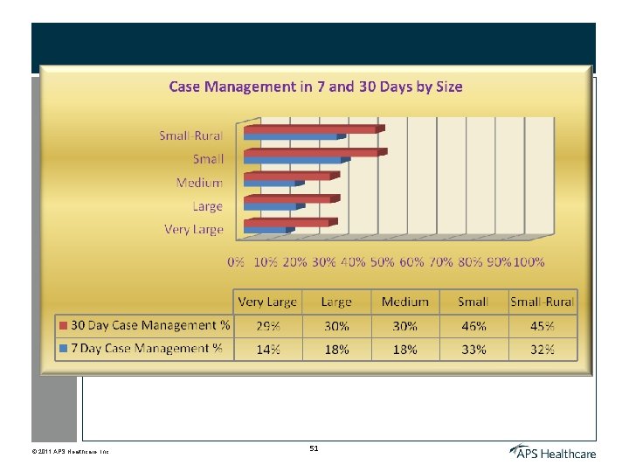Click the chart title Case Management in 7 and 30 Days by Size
315,87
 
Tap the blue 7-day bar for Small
294,161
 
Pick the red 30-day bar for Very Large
287,223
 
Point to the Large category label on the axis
207,207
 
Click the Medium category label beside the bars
199,183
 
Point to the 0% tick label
236,261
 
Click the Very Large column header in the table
267,302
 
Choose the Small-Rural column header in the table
543,302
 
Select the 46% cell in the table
473,326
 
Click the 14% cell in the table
267,349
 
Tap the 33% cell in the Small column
473,349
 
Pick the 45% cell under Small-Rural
543,326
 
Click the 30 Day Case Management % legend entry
144,325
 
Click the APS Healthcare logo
553,452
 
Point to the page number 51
314,448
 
